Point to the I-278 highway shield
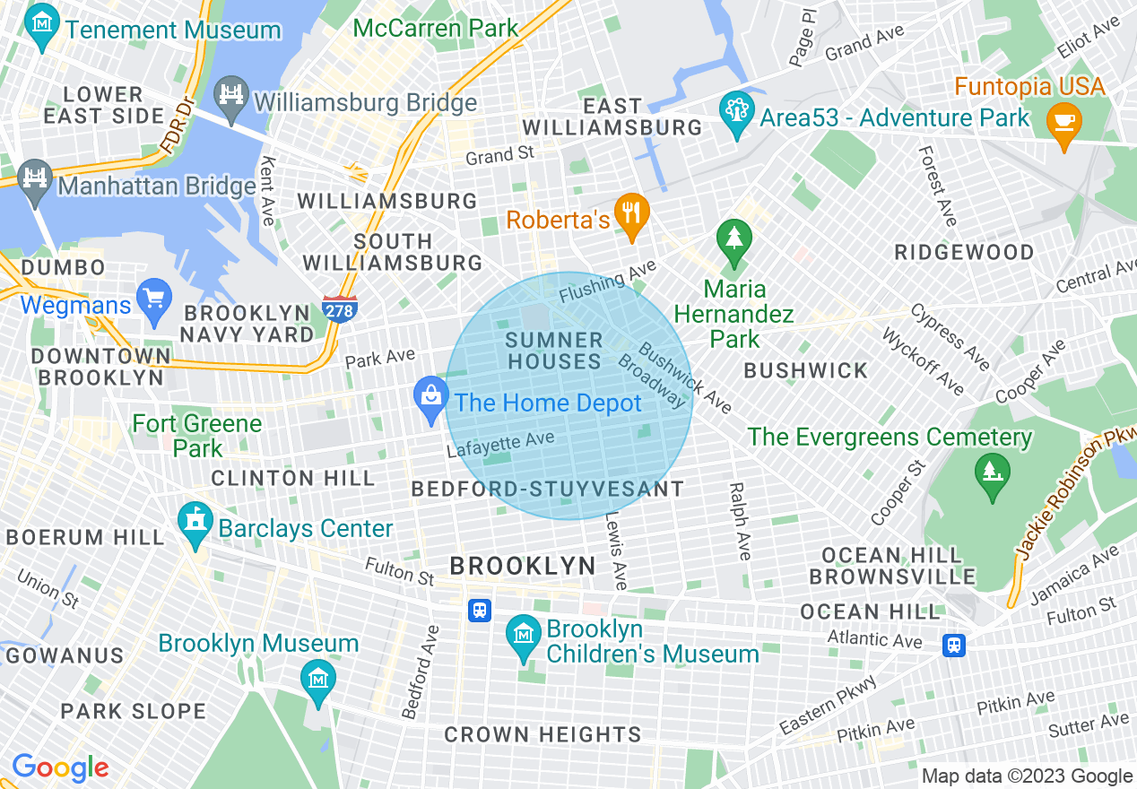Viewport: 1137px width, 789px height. pos(340,308)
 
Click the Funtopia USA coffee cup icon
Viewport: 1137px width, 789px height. pos(1064,124)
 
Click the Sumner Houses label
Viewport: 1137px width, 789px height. pos(553,351)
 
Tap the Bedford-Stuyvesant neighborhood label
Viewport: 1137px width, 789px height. pos(547,489)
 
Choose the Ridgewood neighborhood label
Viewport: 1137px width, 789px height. pos(964,252)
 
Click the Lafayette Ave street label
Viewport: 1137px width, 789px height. pos(500,444)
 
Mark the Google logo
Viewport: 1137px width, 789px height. pos(60,767)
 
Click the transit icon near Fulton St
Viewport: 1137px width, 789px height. pos(480,611)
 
